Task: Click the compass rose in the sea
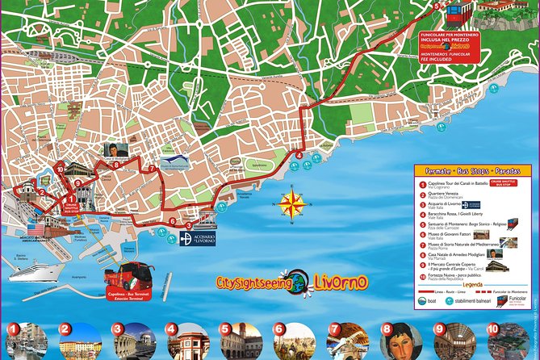(x=289, y=203)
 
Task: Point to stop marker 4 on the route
(x=299, y=155)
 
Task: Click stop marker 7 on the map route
(x=151, y=169)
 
